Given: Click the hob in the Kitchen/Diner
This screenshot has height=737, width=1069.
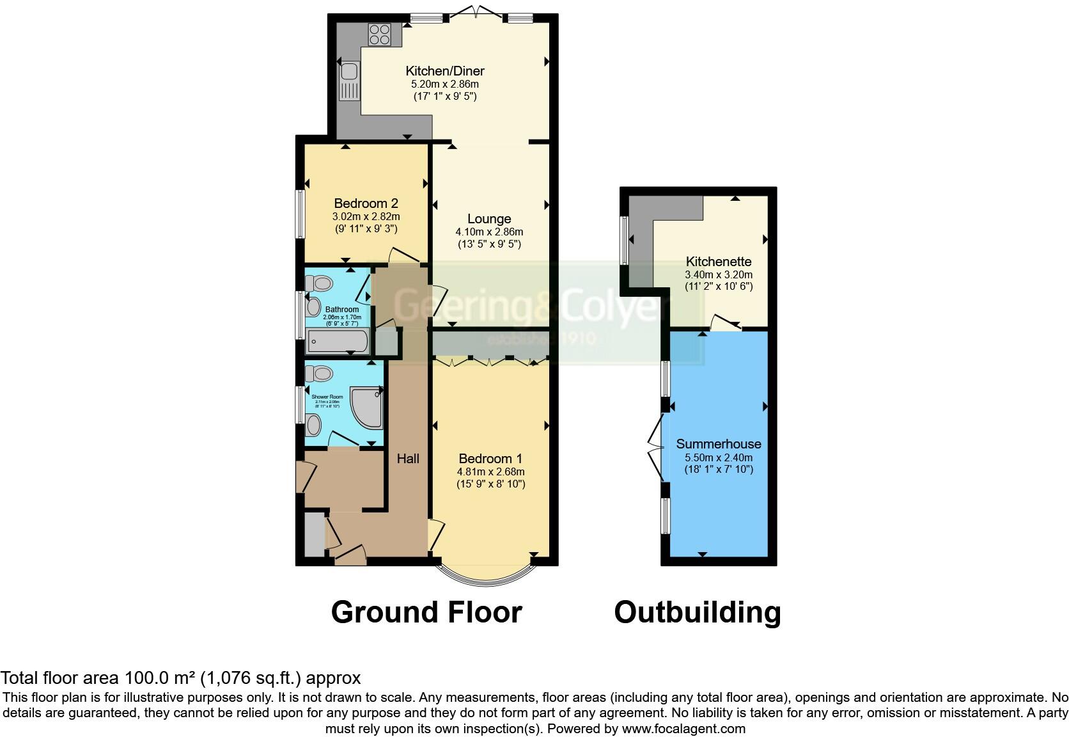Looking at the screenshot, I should click(379, 34).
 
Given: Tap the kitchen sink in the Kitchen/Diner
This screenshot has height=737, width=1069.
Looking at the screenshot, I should click(350, 81).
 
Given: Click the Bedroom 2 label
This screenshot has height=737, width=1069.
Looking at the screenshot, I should click(366, 203).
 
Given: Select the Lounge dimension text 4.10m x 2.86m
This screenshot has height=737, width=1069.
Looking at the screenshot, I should click(489, 232).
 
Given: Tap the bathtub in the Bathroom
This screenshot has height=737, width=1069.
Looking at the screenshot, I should click(338, 341).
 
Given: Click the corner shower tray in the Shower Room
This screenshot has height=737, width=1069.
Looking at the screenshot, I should click(368, 408).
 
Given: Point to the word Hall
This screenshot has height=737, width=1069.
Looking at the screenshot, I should click(408, 458).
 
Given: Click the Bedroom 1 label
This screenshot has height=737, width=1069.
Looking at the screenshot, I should click(490, 459).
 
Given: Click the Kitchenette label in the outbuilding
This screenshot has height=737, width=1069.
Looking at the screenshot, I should click(719, 261).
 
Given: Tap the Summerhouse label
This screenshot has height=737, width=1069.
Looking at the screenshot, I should click(719, 444).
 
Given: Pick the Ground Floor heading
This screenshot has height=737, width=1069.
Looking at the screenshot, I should click(426, 612).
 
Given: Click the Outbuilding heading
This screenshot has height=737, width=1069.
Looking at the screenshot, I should click(698, 612).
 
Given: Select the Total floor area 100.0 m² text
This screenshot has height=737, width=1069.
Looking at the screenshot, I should click(180, 678).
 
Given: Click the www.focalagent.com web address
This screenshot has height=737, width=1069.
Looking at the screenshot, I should click(683, 728).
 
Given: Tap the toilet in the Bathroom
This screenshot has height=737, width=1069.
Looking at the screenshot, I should click(319, 282).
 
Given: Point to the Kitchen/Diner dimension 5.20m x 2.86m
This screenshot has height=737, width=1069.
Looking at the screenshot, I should click(444, 84).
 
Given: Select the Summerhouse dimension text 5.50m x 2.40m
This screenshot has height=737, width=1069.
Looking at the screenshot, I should click(719, 457).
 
